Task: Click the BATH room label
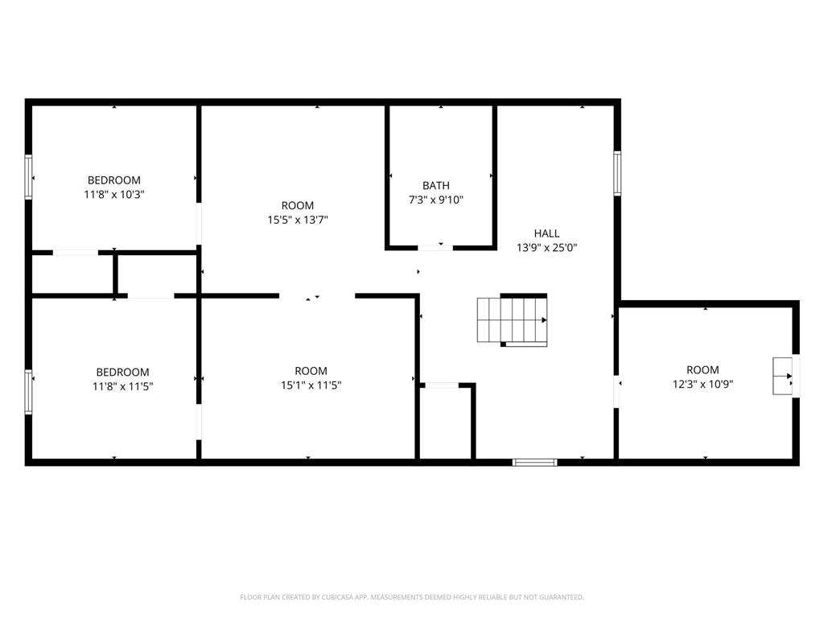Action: [435, 186]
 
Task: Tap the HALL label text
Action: [546, 233]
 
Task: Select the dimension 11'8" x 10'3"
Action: [114, 195]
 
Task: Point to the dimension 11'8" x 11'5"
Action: [122, 386]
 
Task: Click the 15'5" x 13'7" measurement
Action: [298, 220]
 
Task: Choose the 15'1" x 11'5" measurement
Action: [311, 385]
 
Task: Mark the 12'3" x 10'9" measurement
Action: [702, 384]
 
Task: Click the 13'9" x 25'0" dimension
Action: [546, 248]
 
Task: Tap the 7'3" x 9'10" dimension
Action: [435, 200]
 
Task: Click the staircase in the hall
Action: [513, 320]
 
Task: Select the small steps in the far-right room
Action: [782, 376]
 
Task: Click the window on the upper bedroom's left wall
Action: [29, 176]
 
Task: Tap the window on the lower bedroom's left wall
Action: [29, 392]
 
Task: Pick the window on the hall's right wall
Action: [617, 174]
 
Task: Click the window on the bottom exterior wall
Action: [535, 463]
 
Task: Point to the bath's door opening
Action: [435, 248]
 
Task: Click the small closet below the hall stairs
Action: [447, 423]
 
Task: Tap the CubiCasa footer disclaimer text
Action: [412, 597]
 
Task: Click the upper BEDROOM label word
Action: [114, 180]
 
